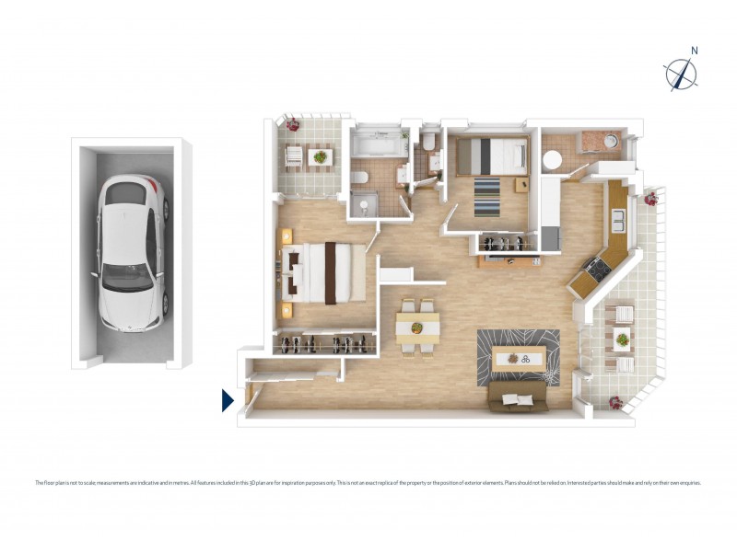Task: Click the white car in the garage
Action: tap(134, 253)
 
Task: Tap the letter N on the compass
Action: tap(695, 52)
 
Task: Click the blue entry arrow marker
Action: tap(228, 400)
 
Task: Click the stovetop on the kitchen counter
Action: tap(592, 269)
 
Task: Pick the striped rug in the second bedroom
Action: tap(487, 195)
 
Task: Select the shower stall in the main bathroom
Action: tap(366, 203)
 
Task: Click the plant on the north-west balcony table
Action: tap(320, 156)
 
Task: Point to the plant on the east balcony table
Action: tap(623, 339)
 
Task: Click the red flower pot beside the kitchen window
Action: tap(651, 197)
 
